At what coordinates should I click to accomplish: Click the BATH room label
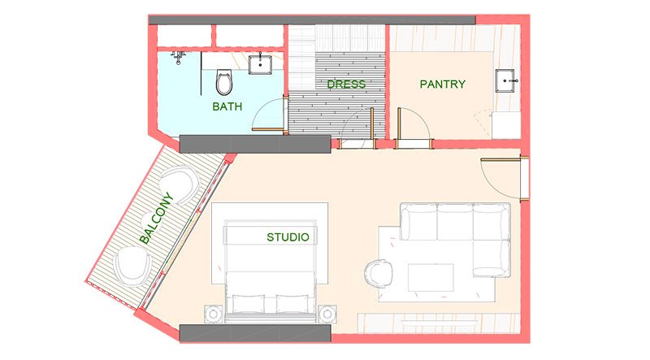pos(227,106)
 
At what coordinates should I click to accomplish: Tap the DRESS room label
pos(346,85)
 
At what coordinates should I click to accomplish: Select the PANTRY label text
pos(442,85)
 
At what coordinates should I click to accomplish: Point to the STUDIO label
pos(288,238)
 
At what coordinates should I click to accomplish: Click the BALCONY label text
pos(156,218)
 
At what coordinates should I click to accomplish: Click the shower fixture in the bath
pos(180,57)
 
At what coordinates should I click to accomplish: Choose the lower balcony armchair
pos(133,265)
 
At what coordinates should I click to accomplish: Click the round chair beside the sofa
pos(379,273)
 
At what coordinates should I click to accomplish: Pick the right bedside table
pos(329,313)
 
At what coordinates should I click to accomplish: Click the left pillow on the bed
pos(249,304)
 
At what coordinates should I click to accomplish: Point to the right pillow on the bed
pos(293,304)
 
